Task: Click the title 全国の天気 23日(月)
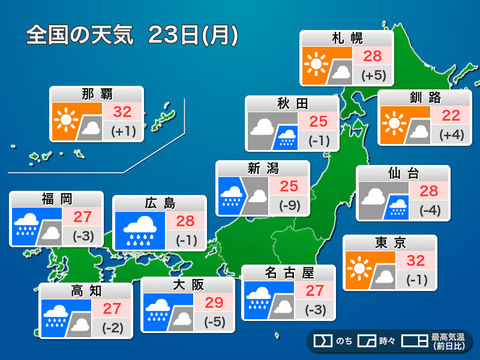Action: coord(133,35)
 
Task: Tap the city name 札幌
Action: coord(347,39)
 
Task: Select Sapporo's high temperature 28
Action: coord(373,56)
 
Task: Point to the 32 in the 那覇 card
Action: coord(122,112)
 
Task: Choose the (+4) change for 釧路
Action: coord(451,135)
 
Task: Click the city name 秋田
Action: coord(292,104)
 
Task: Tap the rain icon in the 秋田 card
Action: coord(286,138)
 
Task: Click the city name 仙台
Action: coord(403,173)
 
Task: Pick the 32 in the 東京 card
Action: coord(416,260)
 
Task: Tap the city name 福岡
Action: coord(57,199)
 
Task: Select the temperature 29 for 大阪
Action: coord(214,302)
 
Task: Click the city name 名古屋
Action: coord(289,273)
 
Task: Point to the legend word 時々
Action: coord(387,341)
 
